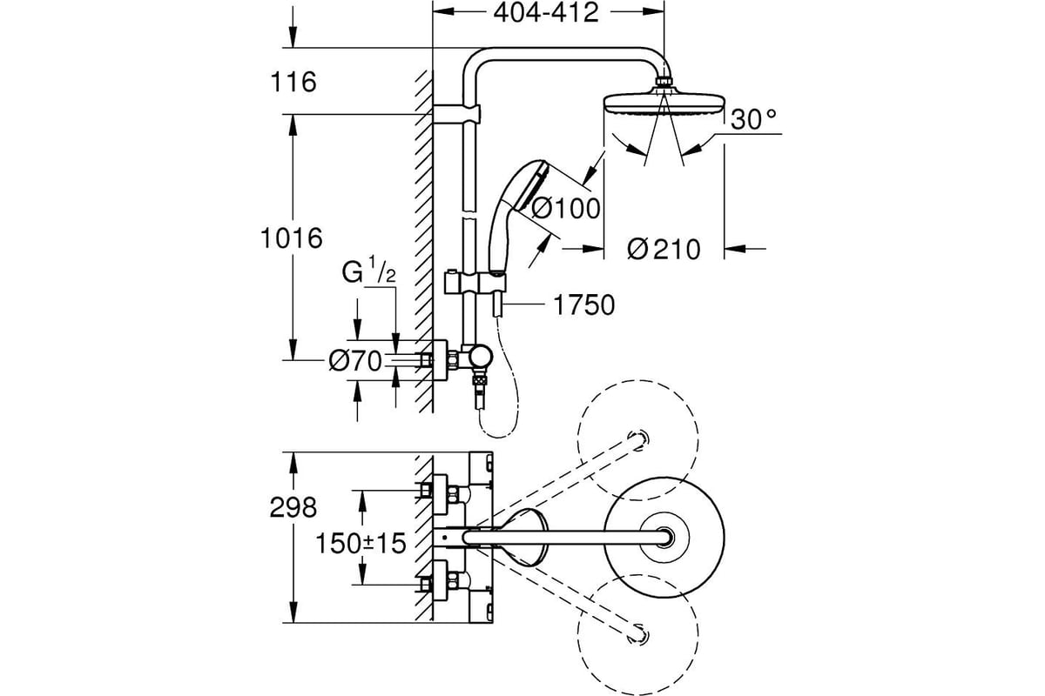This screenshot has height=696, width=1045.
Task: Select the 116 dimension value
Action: (x=293, y=82)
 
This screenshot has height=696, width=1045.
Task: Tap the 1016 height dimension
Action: (x=291, y=238)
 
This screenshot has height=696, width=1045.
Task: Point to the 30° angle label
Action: (x=753, y=119)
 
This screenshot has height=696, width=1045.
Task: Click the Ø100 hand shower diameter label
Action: (x=566, y=208)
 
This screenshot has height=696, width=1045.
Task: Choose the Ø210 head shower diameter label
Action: (x=664, y=249)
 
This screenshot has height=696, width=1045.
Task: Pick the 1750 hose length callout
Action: (x=583, y=305)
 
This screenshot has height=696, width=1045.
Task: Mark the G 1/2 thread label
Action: (x=368, y=271)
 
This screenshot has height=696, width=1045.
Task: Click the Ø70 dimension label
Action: (x=355, y=361)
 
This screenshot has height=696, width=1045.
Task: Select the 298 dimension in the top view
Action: (x=293, y=507)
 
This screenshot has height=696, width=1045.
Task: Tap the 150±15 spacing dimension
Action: (x=361, y=543)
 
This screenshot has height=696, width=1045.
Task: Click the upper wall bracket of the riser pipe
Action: (x=456, y=115)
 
